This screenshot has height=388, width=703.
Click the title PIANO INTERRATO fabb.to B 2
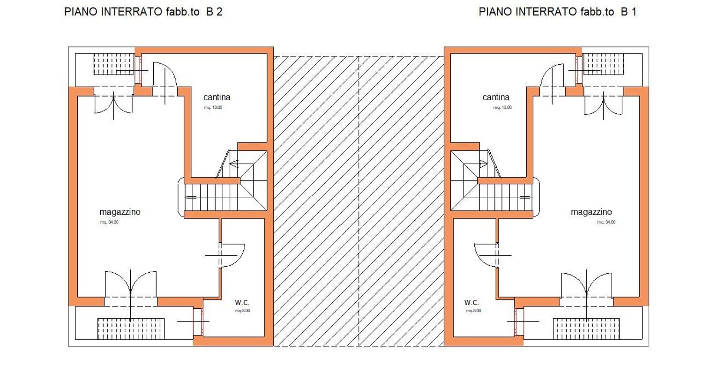tap(143, 12)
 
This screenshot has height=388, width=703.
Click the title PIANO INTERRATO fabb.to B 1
tap(557, 12)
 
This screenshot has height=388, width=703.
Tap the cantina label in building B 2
tap(217, 97)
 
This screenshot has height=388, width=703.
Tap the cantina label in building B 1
tap(496, 97)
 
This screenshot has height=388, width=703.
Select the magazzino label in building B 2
tap(120, 212)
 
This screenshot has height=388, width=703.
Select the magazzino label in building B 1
tap(591, 212)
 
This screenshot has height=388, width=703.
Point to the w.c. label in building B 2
tap(242, 302)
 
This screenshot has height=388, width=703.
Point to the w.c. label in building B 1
tap(471, 302)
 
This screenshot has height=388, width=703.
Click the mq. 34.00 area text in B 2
tap(109, 222)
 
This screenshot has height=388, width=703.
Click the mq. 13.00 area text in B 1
tap(502, 107)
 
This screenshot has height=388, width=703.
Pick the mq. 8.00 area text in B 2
tap(242, 311)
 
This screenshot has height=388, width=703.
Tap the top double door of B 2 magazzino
tap(113, 104)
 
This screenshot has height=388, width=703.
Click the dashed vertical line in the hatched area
tap(359, 201)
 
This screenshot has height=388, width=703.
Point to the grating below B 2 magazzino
tap(131, 328)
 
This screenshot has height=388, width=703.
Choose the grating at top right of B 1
tap(603, 64)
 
